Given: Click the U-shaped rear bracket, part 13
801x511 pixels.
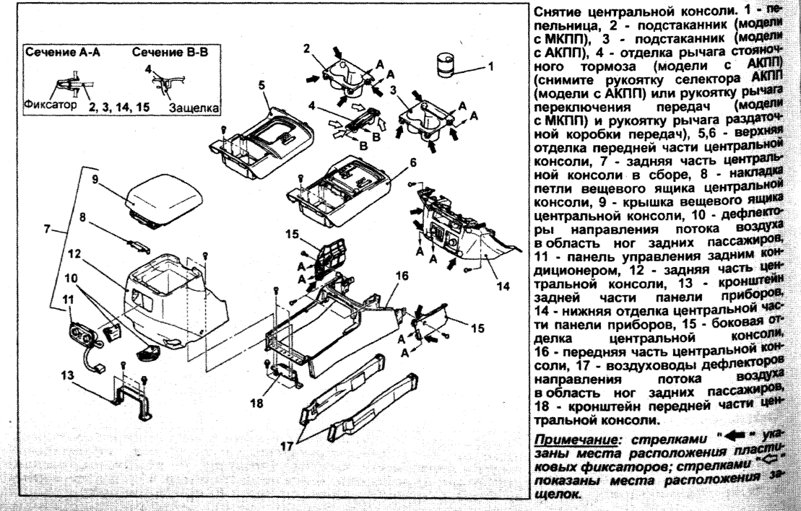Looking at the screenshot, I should [134, 404].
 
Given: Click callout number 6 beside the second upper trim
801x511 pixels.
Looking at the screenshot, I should [413, 163].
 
